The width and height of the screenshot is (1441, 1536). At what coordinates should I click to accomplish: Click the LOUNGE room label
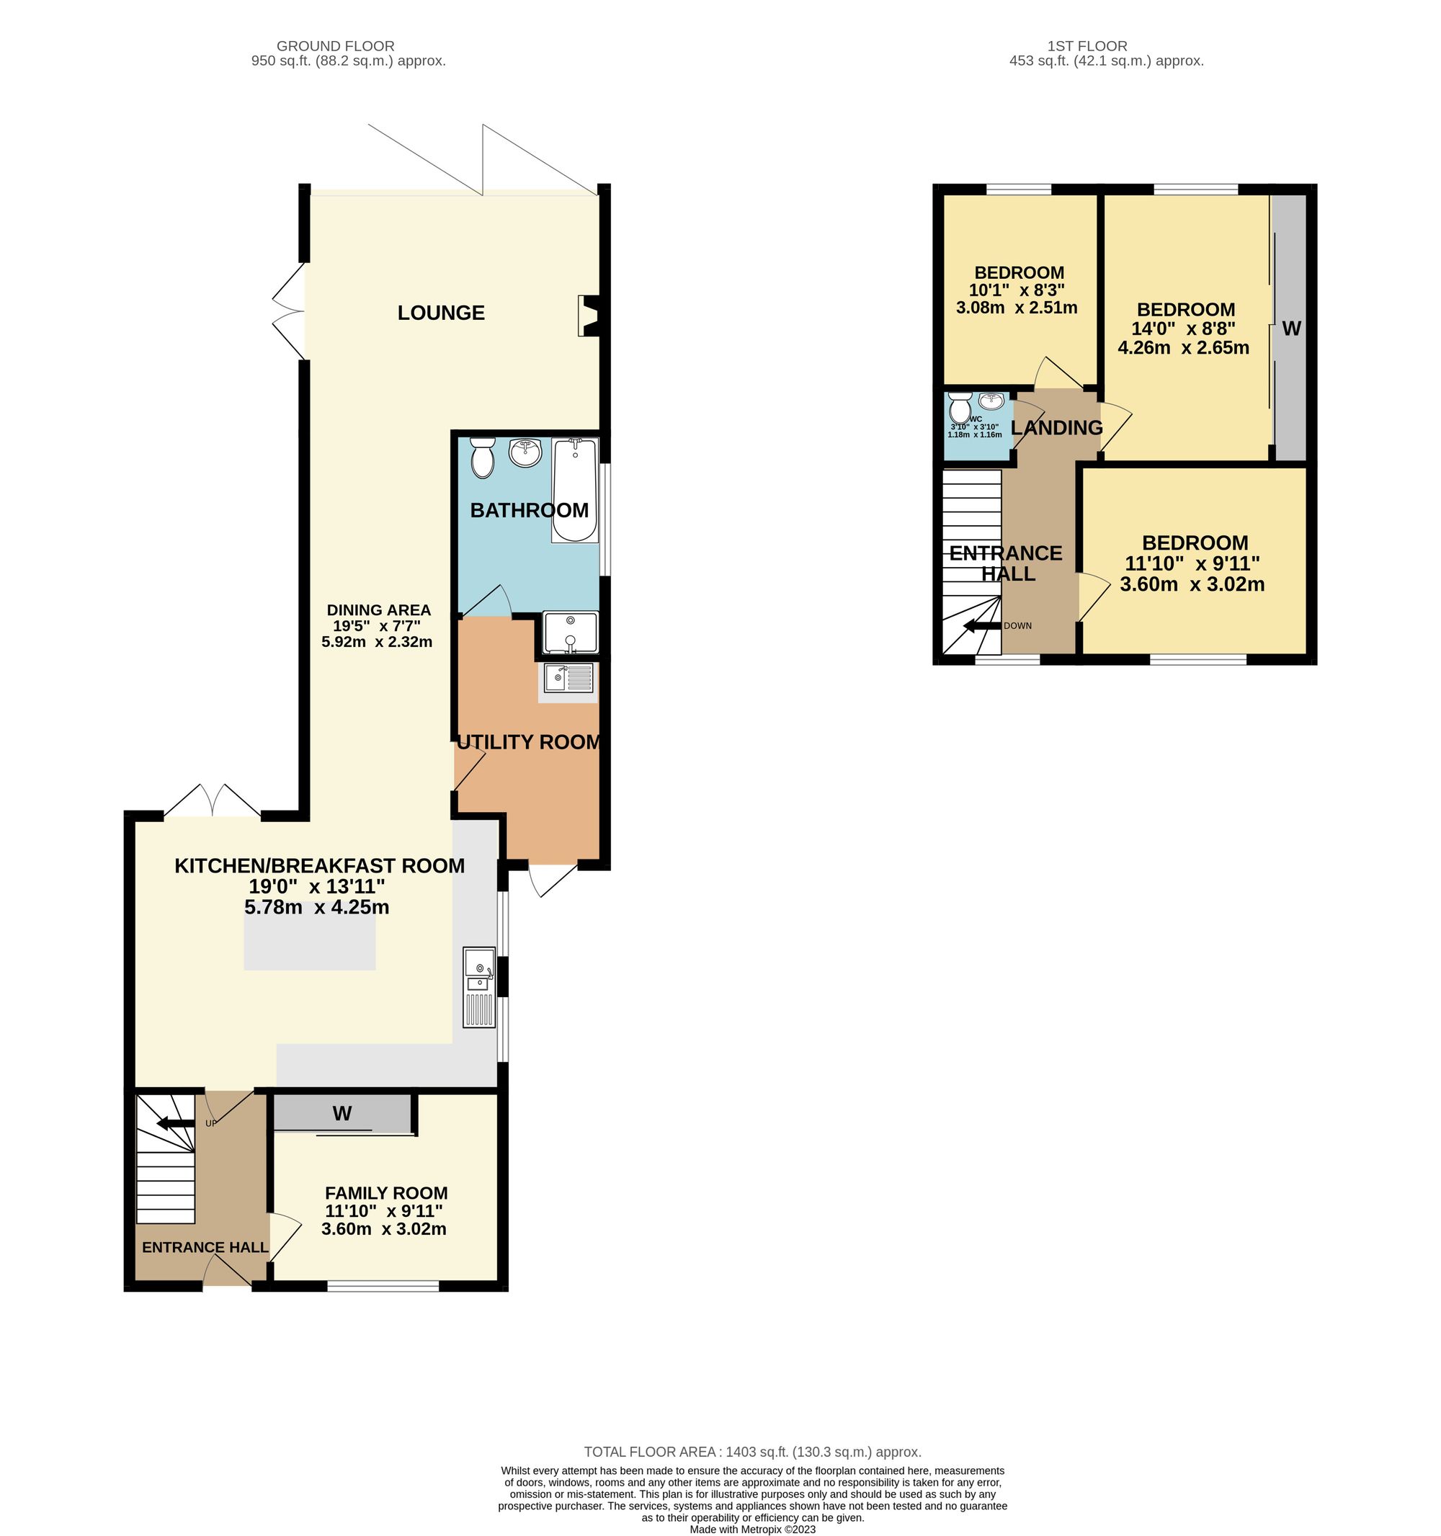pyautogui.click(x=441, y=313)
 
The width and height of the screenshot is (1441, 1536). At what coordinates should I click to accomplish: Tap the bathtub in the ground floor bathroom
pyautogui.click(x=574, y=491)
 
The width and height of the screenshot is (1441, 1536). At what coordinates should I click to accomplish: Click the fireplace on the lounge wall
pyautogui.click(x=589, y=316)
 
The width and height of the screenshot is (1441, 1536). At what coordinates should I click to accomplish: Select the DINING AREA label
pyautogui.click(x=378, y=610)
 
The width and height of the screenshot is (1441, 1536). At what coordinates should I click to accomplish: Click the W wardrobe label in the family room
pyautogui.click(x=342, y=1113)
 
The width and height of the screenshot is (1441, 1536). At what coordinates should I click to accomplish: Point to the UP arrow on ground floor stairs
pyautogui.click(x=175, y=1123)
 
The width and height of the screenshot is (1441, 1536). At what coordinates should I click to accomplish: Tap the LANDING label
pyautogui.click(x=1056, y=427)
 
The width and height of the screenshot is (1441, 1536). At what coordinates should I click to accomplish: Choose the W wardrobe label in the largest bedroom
pyautogui.click(x=1291, y=329)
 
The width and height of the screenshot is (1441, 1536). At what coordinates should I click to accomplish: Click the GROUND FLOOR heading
pyautogui.click(x=335, y=46)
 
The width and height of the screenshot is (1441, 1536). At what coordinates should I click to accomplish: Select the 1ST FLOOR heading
pyautogui.click(x=1087, y=46)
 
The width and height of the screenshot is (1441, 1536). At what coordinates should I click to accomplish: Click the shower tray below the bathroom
pyautogui.click(x=570, y=632)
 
